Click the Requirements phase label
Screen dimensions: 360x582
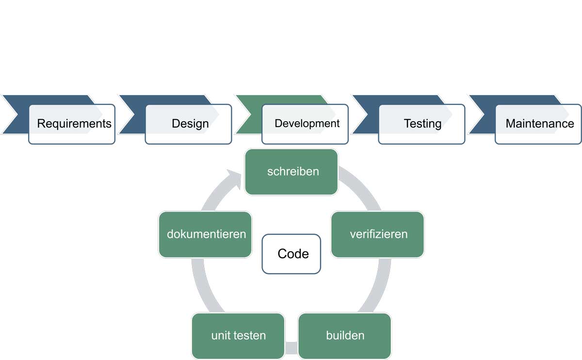pyautogui.click(x=74, y=123)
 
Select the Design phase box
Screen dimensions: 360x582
pyautogui.click(x=190, y=123)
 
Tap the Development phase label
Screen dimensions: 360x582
pyautogui.click(x=307, y=123)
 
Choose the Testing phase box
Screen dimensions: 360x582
pyautogui.click(x=422, y=123)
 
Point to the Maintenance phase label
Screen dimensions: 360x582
pyautogui.click(x=539, y=123)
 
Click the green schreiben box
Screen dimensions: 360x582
pyautogui.click(x=291, y=171)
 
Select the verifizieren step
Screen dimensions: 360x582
pyautogui.click(x=378, y=234)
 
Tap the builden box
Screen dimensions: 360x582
pyautogui.click(x=345, y=335)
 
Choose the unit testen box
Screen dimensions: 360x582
pyautogui.click(x=238, y=335)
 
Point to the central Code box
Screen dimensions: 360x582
pyautogui.click(x=291, y=254)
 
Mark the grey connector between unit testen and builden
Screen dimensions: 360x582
pyautogui.click(x=291, y=348)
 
